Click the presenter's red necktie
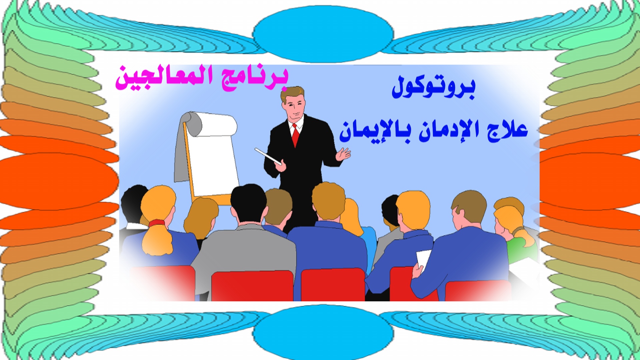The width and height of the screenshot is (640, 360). (295, 135)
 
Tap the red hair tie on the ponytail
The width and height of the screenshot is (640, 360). (157, 223)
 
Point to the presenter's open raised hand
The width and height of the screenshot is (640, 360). (343, 154)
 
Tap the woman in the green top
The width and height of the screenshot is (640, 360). (515, 230)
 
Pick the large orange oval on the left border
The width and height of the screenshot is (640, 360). (58, 182)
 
